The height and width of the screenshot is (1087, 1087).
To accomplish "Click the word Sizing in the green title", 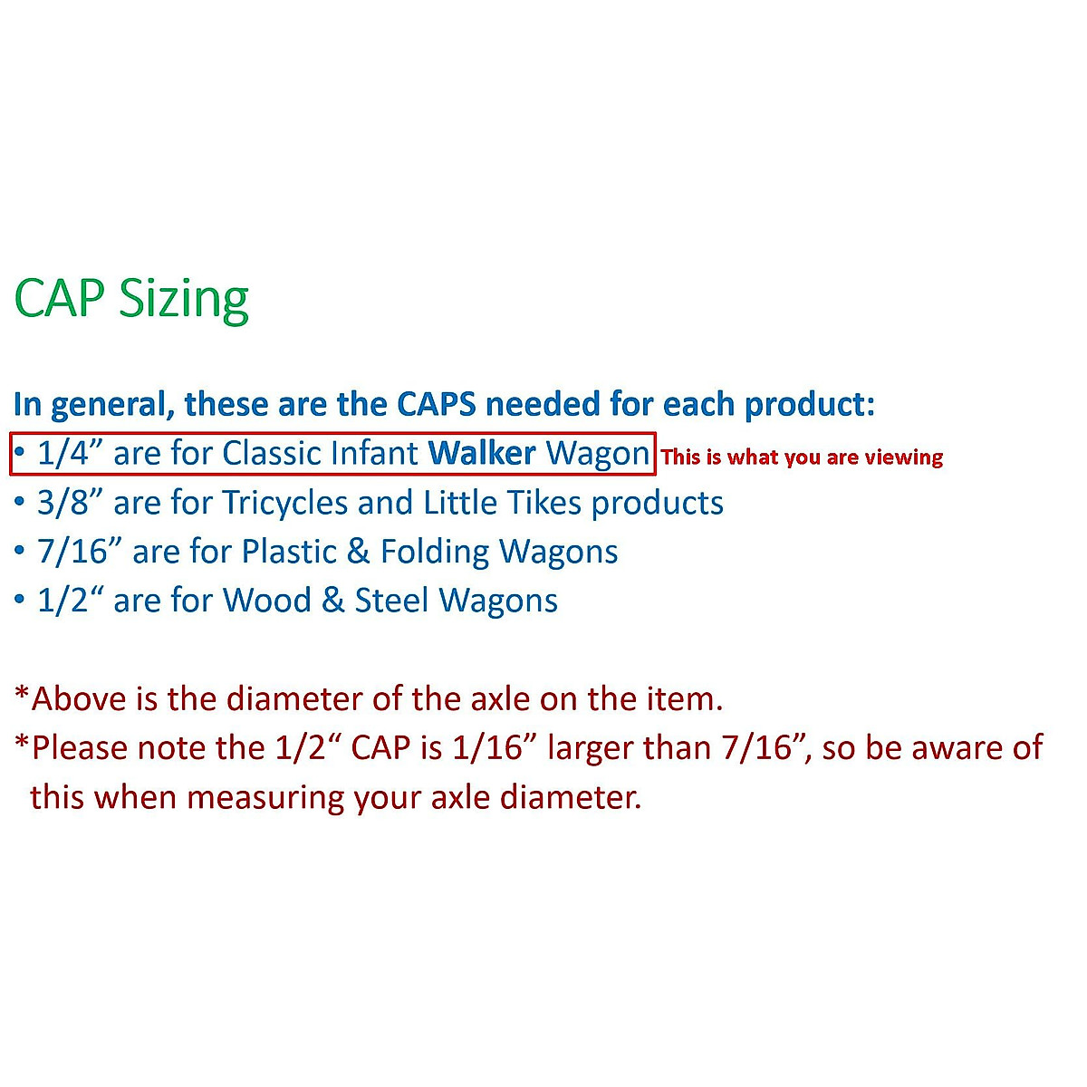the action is [183, 300].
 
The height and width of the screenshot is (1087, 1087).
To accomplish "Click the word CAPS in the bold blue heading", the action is [437, 404].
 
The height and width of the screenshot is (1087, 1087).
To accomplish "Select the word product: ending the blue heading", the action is [810, 406].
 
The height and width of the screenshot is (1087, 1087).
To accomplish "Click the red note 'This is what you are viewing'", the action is [802, 457].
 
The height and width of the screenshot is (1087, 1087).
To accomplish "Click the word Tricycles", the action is [284, 503].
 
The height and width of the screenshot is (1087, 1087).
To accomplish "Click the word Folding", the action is [435, 553].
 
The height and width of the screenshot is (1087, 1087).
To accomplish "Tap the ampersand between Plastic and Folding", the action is [358, 551].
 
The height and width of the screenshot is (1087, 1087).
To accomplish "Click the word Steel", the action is [391, 600].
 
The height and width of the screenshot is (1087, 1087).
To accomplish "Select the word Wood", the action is [266, 600].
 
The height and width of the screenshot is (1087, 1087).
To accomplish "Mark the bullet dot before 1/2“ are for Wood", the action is [19, 600].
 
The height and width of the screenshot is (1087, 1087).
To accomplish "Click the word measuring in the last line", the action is [265, 798].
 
